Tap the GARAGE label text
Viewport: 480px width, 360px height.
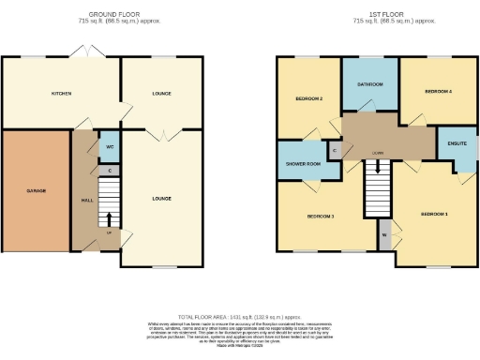coord(37,190)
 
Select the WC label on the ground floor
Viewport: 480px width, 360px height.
coord(110,147)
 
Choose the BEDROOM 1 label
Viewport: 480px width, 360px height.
coord(434,215)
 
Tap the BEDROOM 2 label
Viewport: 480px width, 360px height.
coord(309,97)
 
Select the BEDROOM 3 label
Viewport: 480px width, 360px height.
coord(322,217)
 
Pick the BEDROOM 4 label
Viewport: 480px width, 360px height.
coord(437,92)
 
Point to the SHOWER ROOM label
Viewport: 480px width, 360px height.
coord(303,163)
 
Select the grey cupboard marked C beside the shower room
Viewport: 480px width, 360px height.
coord(335,149)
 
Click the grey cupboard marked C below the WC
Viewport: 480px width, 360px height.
coord(110,171)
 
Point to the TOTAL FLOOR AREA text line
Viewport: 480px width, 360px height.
coord(239,318)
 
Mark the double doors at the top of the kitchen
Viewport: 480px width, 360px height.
coord(90,57)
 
